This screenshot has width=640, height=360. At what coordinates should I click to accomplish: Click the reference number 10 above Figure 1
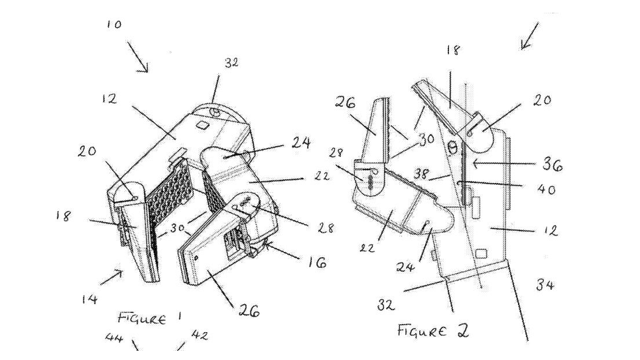coord(114,25)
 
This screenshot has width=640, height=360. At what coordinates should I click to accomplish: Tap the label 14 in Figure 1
coord(90,300)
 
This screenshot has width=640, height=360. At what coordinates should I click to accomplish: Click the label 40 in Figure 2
coord(545,189)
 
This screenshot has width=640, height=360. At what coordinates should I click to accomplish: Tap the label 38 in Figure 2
coord(421,174)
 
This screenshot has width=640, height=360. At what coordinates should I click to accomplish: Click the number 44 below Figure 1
coord(114,337)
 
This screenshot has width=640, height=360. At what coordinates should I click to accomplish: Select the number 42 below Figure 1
coord(200,335)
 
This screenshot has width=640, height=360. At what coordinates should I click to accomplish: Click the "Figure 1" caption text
coord(149,318)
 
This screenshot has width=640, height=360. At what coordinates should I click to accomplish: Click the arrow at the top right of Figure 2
coord(529,36)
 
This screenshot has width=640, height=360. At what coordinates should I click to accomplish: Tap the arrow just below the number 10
coord(137,57)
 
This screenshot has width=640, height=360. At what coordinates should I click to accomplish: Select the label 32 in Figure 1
coord(231,63)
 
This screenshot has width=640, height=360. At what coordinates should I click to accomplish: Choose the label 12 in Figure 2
coord(550,231)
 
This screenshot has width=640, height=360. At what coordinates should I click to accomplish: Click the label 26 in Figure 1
coord(249,312)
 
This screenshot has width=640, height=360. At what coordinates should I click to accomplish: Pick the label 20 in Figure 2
coord(542,100)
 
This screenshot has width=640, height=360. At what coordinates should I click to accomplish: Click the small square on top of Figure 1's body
coord(202,124)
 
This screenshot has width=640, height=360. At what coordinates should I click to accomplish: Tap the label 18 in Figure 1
coord(64,216)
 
